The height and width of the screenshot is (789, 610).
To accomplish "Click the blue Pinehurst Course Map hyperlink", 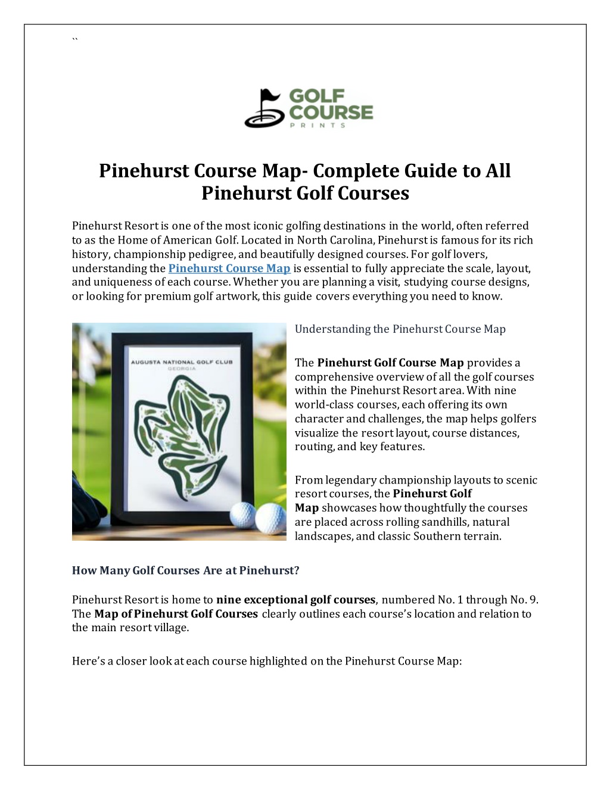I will pos(229,269).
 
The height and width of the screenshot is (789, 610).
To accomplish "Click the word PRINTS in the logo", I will pos(317,125).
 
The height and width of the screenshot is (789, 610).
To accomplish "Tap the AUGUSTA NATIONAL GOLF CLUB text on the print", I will pos(182,361).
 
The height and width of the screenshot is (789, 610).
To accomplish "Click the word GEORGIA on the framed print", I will pos(182,369).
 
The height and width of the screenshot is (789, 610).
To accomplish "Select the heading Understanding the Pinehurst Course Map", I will pos(400,329).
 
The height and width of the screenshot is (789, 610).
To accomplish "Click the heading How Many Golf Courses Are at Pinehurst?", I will pos(185,570).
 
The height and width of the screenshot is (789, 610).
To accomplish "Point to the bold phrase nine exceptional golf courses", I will pos(295,600).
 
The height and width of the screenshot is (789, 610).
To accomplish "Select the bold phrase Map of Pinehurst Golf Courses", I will pos(176,614).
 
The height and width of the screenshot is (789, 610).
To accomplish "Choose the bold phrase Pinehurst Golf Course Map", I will pos(390,363).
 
